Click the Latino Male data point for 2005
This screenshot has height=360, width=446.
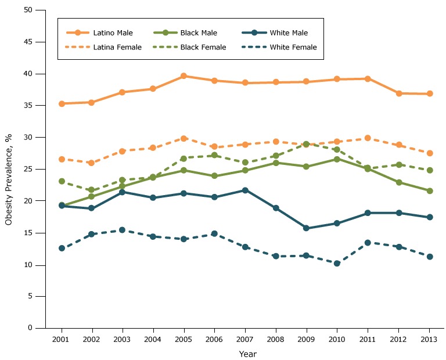point(184,76)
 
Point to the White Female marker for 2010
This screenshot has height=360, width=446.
point(337,263)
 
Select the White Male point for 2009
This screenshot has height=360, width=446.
point(307,228)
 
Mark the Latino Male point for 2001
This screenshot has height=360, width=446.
point(62,103)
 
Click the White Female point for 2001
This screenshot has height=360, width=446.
point(62,248)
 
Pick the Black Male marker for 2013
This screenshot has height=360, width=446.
point(430,190)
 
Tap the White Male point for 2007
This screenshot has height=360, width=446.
point(245,190)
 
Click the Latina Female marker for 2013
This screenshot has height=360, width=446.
point(430,153)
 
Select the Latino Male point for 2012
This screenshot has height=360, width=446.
point(399,93)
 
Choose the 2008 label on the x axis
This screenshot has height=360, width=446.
point(276,338)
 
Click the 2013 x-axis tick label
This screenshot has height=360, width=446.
point(429,338)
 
